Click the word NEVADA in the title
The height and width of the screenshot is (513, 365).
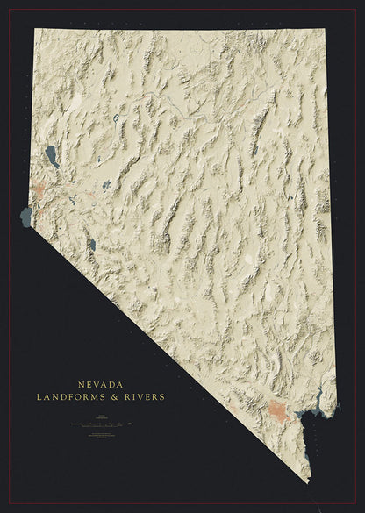coord(101,384)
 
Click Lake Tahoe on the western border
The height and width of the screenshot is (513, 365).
coord(25,216)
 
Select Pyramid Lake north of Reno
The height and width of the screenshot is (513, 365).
coord(52,157)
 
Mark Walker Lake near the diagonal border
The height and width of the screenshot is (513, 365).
coord(91,246)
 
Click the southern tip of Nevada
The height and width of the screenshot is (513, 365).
coord(309,481)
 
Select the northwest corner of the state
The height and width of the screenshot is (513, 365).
coord(36,29)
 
